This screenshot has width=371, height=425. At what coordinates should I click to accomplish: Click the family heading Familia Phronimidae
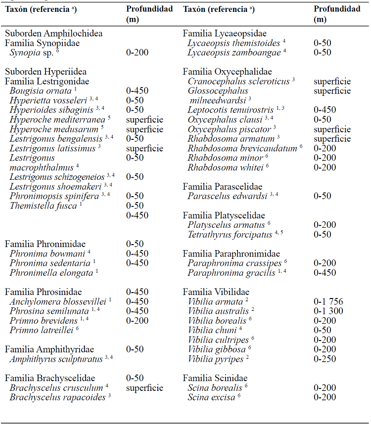pyautogui.click(x=45, y=244)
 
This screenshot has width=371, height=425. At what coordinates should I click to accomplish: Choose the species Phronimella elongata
pyautogui.click(x=51, y=272)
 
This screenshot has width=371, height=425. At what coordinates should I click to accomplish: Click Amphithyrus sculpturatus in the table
pyautogui.click(x=56, y=359)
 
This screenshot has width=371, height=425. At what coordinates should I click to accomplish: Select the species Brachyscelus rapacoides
pyautogui.click(x=57, y=397)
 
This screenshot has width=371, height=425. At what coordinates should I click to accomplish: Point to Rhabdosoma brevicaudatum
pyautogui.click(x=242, y=148)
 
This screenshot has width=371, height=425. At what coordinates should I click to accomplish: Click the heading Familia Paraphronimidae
pyautogui.click(x=231, y=254)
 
